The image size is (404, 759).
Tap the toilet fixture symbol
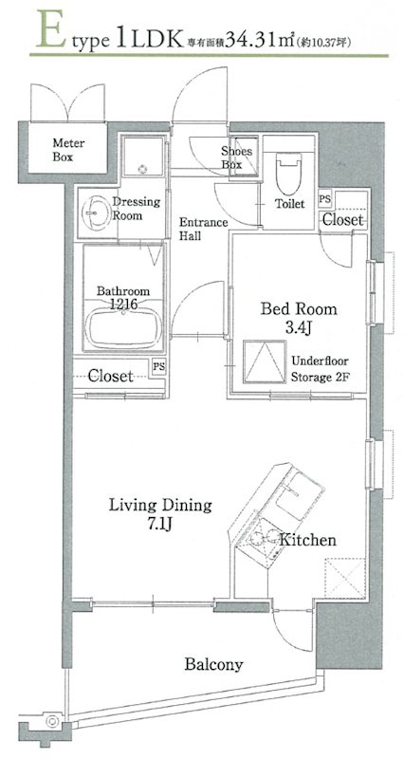pyautogui.click(x=288, y=174)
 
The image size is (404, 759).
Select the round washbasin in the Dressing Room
pyautogui.click(x=95, y=213)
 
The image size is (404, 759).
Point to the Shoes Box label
pyautogui.click(x=236, y=157)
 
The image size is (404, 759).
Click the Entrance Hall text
pyautogui.click(x=203, y=230)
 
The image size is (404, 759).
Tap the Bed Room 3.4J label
pyautogui.click(x=299, y=318)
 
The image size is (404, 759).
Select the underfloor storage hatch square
pyautogui.click(x=265, y=361)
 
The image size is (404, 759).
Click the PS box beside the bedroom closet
pyautogui.click(x=324, y=199)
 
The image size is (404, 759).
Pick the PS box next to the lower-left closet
pyautogui.click(x=158, y=366)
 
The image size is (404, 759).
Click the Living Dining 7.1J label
pyautogui.click(x=159, y=514)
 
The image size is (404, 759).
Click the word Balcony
pyautogui.click(x=213, y=664)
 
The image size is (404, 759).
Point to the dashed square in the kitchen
pyautogui.click(x=345, y=578)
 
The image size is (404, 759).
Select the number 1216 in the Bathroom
pyautogui.click(x=123, y=304)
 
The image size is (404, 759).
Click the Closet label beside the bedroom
pyautogui.click(x=342, y=220)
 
